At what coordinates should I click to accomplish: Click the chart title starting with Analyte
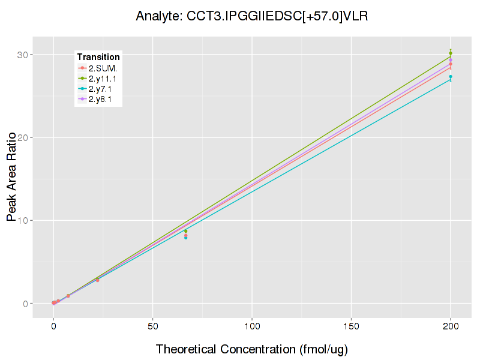pyautogui.click(x=251, y=16)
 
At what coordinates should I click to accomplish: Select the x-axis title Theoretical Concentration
pyautogui.click(x=252, y=349)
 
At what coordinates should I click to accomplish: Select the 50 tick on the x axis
pyautogui.click(x=152, y=326)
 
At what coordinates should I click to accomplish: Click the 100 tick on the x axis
pyautogui.click(x=252, y=326)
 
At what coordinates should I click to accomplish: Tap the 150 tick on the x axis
pyautogui.click(x=351, y=326)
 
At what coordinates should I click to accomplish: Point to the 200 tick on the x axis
pyautogui.click(x=451, y=326)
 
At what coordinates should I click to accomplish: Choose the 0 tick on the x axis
pyautogui.click(x=53, y=326)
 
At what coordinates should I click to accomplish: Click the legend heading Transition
pyautogui.click(x=98, y=57)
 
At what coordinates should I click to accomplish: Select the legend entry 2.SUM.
pyautogui.click(x=103, y=68)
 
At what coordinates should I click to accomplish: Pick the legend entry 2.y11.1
pyautogui.click(x=103, y=79)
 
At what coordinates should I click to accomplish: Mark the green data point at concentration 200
pyautogui.click(x=451, y=53)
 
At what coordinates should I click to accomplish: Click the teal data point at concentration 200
pyautogui.click(x=451, y=77)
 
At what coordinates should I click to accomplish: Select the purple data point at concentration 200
pyautogui.click(x=451, y=60)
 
